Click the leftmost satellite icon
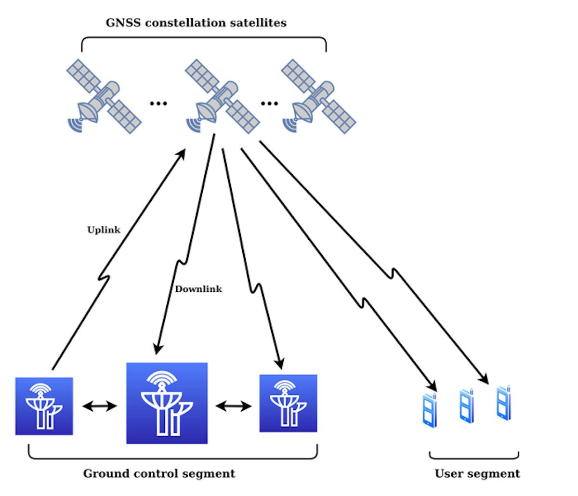[x=104, y=96]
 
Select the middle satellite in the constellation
[x=223, y=96]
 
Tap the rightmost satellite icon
[x=319, y=96]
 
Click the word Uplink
[x=104, y=230]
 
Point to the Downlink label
[x=198, y=289]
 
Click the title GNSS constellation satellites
[x=196, y=23]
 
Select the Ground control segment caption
[x=159, y=473]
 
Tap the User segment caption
[x=477, y=473]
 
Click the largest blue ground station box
[x=167, y=403]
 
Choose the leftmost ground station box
[x=44, y=406]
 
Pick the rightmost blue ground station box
[x=288, y=403]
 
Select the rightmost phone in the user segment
[x=504, y=403]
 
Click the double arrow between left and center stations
[x=100, y=406]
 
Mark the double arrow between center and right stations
[x=234, y=406]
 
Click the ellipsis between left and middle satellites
[x=158, y=103]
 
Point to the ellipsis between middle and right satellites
[x=269, y=103]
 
